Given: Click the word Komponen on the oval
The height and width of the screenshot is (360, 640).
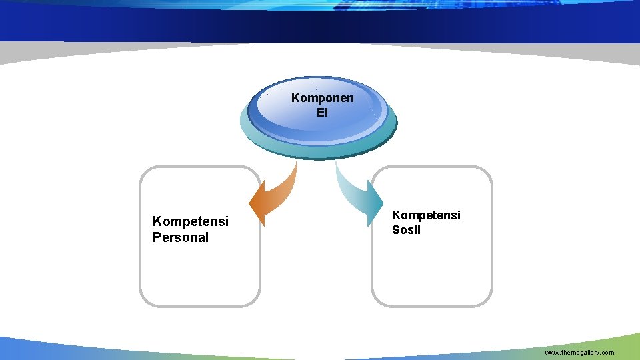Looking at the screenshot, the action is (x=323, y=99).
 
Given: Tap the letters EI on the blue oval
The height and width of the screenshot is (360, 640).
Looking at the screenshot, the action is (x=323, y=113).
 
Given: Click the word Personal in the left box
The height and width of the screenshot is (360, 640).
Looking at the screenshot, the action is (x=181, y=237).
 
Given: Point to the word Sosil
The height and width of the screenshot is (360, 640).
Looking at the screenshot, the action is (x=406, y=231).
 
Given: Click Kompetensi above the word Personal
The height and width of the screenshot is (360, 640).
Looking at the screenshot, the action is (x=191, y=221).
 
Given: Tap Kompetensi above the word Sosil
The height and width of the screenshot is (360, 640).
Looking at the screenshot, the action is (x=426, y=215).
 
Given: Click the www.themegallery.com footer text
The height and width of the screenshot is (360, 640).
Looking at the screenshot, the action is (x=579, y=352).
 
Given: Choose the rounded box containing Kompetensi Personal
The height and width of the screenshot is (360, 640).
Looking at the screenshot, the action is (x=199, y=280).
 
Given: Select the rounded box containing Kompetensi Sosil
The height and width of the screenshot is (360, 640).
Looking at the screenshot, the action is (x=432, y=280).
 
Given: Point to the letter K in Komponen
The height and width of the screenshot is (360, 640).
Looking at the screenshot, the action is (x=295, y=99).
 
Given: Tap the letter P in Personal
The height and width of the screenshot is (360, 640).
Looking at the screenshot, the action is (x=157, y=237).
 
